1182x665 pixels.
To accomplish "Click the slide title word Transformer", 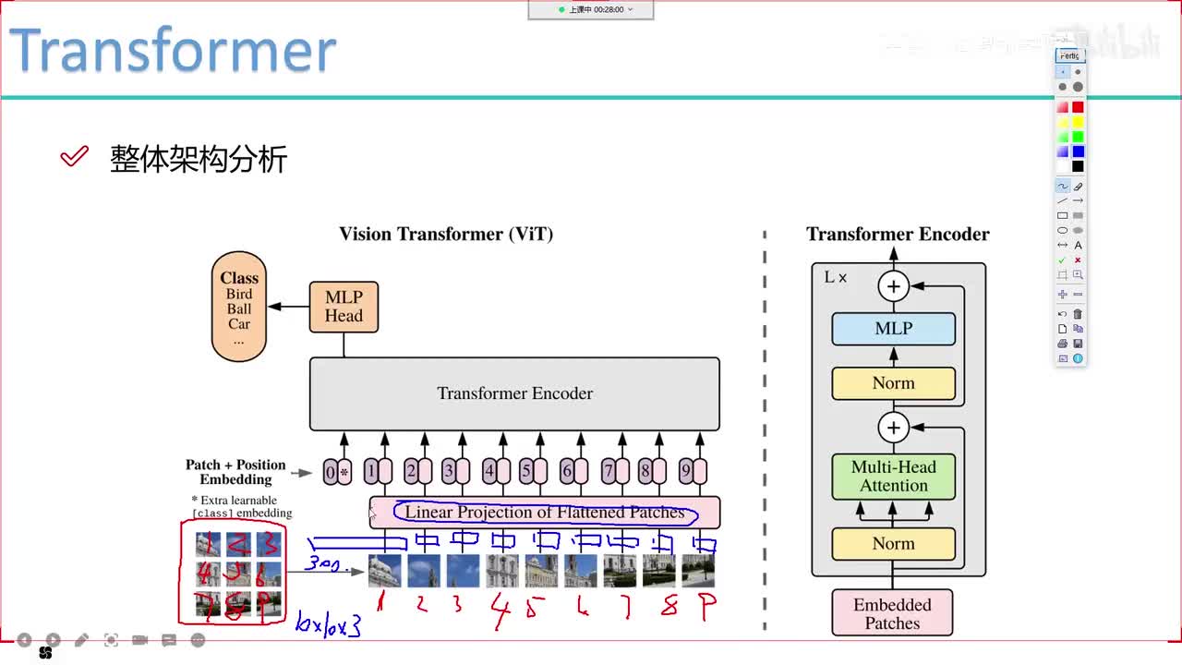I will pyautogui.click(x=173, y=51).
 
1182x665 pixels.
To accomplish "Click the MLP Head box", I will pyautogui.click(x=344, y=307).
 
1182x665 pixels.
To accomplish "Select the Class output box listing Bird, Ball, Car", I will pyautogui.click(x=239, y=306).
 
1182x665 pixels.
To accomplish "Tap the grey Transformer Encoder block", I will pyautogui.click(x=514, y=393).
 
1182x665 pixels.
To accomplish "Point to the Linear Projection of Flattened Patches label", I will pyautogui.click(x=545, y=513).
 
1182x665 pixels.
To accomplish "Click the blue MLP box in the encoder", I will pyautogui.click(x=893, y=329).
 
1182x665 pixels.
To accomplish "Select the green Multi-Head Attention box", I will pyautogui.click(x=893, y=477).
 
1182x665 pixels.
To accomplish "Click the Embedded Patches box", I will pyautogui.click(x=892, y=614).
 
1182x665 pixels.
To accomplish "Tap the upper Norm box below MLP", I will pyautogui.click(x=893, y=383).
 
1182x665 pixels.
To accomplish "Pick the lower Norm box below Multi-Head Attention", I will pyautogui.click(x=893, y=544).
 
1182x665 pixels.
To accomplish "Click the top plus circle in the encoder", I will pyautogui.click(x=893, y=286).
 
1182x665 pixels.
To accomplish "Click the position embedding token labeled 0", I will pyautogui.click(x=331, y=473).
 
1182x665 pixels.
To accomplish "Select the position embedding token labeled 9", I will pyautogui.click(x=685, y=472).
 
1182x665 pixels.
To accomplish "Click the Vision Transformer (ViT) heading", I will pyautogui.click(x=446, y=234).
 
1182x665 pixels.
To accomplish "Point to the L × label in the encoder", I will pyautogui.click(x=836, y=277).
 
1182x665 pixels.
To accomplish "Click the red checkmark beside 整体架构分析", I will pyautogui.click(x=74, y=157).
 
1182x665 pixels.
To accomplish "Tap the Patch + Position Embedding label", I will pyautogui.click(x=235, y=472).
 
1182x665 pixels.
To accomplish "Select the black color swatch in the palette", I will pyautogui.click(x=1078, y=166).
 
